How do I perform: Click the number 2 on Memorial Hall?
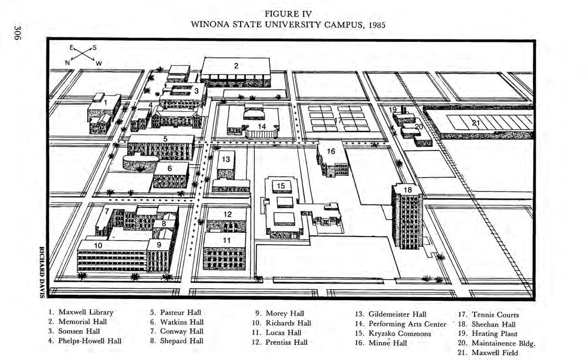point(236,66)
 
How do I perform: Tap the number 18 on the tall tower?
point(407,190)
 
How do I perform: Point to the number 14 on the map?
point(262,126)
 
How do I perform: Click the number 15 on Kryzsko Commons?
point(281,186)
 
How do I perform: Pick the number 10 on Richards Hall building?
point(98,246)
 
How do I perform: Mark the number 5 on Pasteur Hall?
point(165,138)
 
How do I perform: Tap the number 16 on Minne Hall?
point(331,151)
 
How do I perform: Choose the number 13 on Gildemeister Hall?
point(226,159)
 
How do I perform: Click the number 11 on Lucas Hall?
point(227,240)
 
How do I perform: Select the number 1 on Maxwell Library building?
point(105,102)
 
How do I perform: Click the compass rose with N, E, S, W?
point(83,55)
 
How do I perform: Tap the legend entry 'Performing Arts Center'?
point(401,324)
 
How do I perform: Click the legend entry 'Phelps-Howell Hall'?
point(85,341)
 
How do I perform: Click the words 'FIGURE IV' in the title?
point(288,14)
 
